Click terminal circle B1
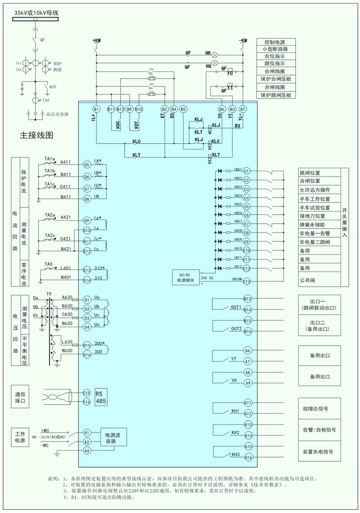point(96,109)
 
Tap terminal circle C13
point(247,281)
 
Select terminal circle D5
point(87,165)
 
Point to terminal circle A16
point(247,458)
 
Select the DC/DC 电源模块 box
point(185,277)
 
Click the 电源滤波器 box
point(113,439)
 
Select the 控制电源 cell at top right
point(276,41)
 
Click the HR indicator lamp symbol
point(215,53)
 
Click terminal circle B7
point(243,109)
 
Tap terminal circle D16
point(87,354)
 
